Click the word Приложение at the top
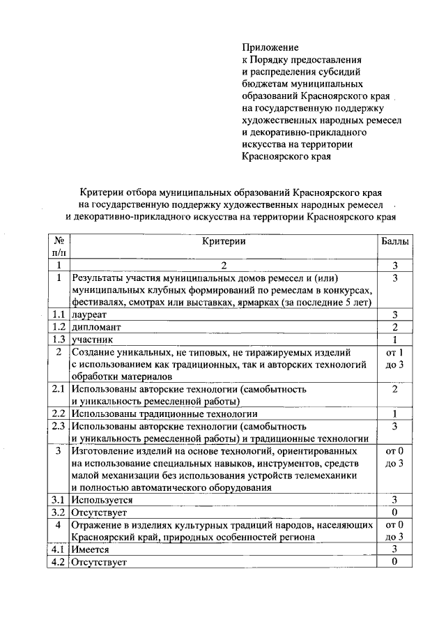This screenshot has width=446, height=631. tap(270, 48)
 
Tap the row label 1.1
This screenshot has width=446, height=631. tap(59, 314)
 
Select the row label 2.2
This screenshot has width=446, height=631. tap(59, 413)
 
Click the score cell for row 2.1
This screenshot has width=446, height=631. tap(394, 389)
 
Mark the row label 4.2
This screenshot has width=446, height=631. tap(59, 562)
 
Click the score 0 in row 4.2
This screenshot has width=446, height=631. tap(394, 562)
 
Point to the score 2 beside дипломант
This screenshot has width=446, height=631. tap(394, 327)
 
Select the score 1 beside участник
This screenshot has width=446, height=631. tap(394, 340)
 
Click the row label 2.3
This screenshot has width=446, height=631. tap(59, 426)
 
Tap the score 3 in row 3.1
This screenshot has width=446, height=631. tap(394, 500)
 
